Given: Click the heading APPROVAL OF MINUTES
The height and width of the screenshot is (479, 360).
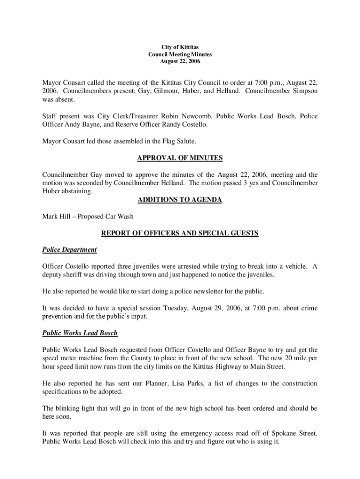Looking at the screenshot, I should [x=180, y=158].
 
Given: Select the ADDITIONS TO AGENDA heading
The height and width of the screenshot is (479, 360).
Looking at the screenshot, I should [x=180, y=200].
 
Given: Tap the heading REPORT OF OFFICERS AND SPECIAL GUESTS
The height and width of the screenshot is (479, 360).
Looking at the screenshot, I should [x=180, y=233].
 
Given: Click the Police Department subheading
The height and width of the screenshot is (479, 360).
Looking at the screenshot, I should [x=70, y=249].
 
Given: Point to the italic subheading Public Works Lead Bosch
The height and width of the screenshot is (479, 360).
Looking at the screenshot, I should [x=80, y=333].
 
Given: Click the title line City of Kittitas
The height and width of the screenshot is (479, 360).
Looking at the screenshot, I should [x=180, y=48].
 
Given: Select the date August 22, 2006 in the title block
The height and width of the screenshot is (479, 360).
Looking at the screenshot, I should [x=180, y=61].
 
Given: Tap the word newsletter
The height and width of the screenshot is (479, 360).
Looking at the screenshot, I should [x=211, y=291].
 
